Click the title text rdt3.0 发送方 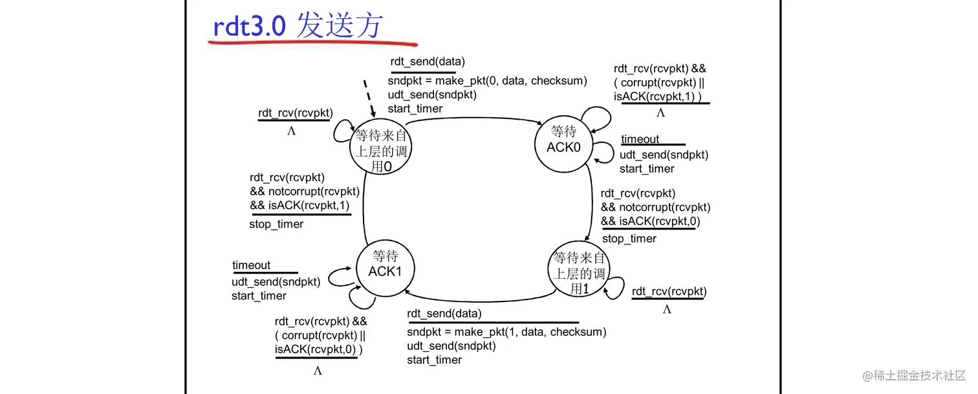[x=298, y=27]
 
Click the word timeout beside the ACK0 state [x=640, y=139]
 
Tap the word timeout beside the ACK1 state [x=252, y=265]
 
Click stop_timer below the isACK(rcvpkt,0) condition [x=629, y=239]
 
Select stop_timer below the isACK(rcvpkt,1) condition [x=276, y=224]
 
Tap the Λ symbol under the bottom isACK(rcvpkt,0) [x=318, y=371]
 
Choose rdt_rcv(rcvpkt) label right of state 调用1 [x=669, y=292]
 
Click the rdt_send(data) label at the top [x=428, y=62]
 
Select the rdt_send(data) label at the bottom [x=444, y=314]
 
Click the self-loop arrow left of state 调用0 [x=342, y=133]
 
